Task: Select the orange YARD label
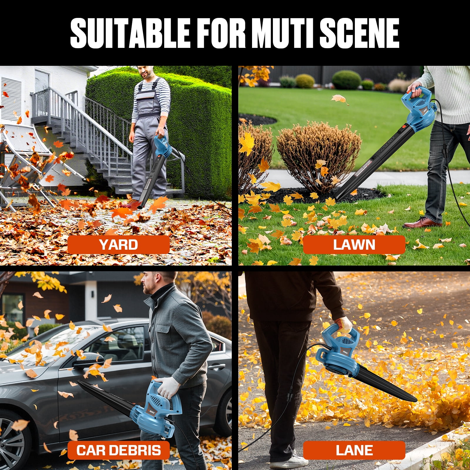coord(119,245)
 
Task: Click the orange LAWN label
coord(354,245)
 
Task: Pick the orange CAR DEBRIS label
coord(119,450)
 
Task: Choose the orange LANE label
coord(354,450)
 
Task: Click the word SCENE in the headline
coord(360,33)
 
